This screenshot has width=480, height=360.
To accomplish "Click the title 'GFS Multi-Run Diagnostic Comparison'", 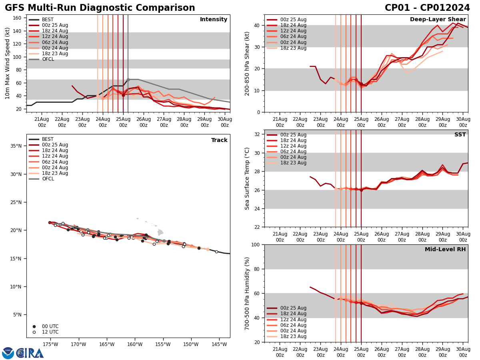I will (x=100, y=8).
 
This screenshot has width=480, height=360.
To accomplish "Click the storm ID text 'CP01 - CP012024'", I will (x=427, y=8).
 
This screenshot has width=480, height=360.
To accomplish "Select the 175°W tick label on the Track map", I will (x=50, y=344).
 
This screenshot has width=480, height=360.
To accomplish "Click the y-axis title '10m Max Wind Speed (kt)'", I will (x=8, y=63).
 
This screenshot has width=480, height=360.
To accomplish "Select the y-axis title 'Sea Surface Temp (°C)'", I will (x=247, y=178).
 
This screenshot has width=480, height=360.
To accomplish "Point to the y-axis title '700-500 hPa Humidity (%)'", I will (x=247, y=293).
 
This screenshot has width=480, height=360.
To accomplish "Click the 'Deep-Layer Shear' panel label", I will (x=438, y=20).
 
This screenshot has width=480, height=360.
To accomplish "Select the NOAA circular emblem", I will (x=8, y=353).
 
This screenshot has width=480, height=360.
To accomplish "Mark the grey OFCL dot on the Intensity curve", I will (x=128, y=80).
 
